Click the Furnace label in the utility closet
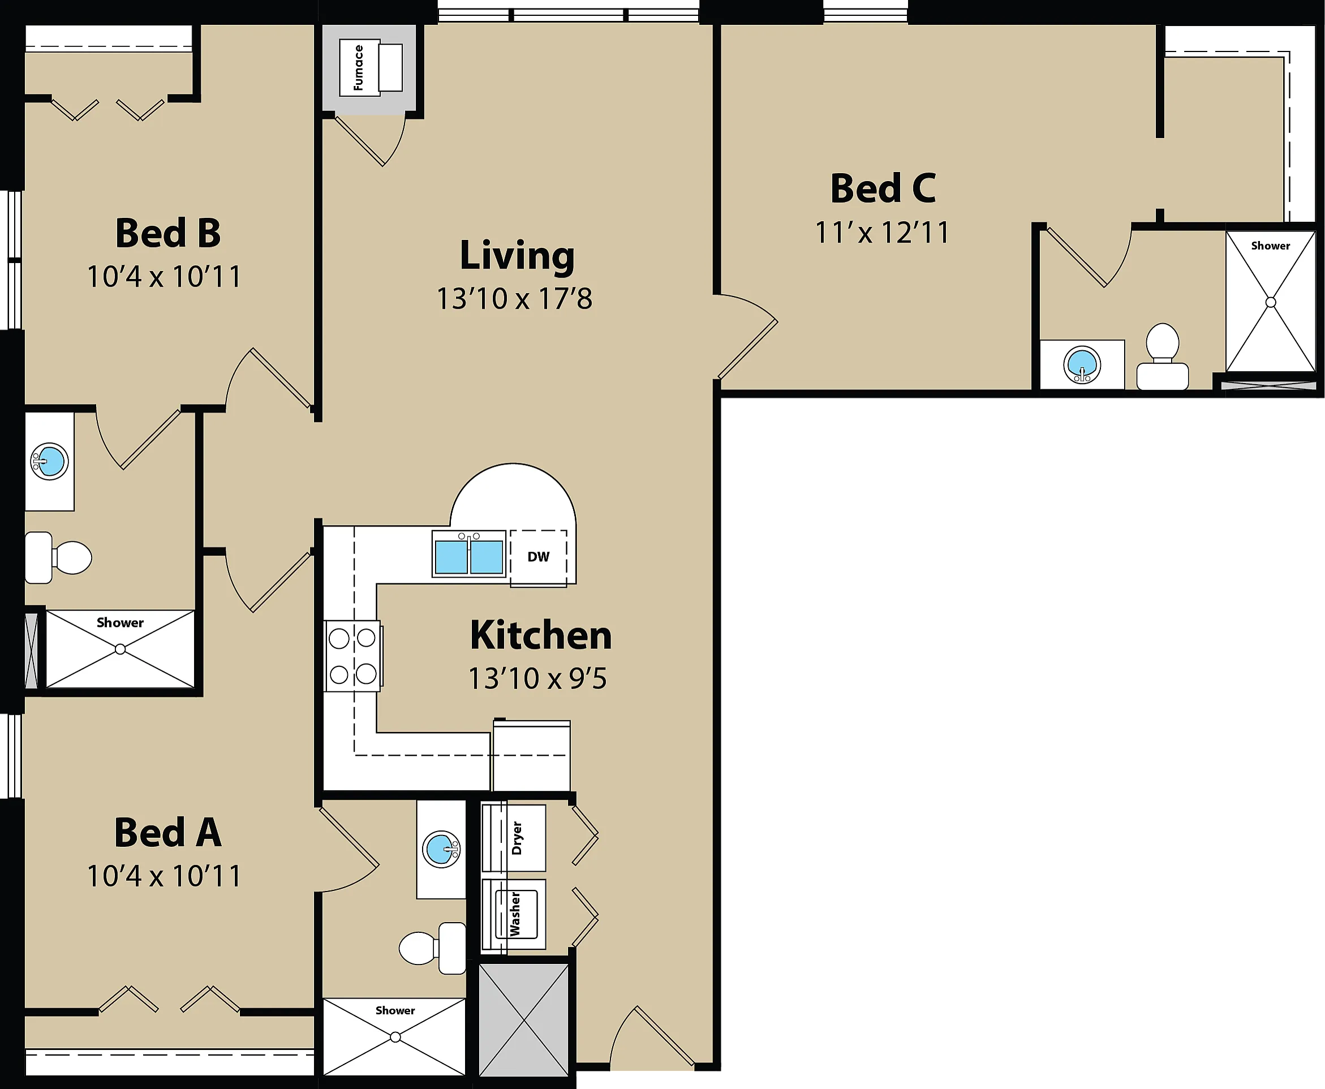click(x=358, y=68)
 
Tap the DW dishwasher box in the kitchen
click(x=538, y=558)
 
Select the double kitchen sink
click(x=468, y=554)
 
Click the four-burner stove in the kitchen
click(x=353, y=656)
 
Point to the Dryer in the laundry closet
click(x=513, y=838)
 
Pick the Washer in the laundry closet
click(x=513, y=914)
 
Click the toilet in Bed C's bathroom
click(x=1163, y=356)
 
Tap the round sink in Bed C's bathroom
click(x=1082, y=364)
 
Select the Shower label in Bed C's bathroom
click(x=1271, y=246)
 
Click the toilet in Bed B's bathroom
click(x=58, y=558)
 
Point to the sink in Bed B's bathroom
click(x=50, y=461)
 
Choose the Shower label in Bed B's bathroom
click(x=120, y=623)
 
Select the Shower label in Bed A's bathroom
click(x=395, y=1010)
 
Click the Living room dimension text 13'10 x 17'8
click(x=514, y=299)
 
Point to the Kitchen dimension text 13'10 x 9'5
click(x=537, y=678)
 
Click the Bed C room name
click(x=883, y=188)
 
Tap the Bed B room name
click(x=168, y=233)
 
